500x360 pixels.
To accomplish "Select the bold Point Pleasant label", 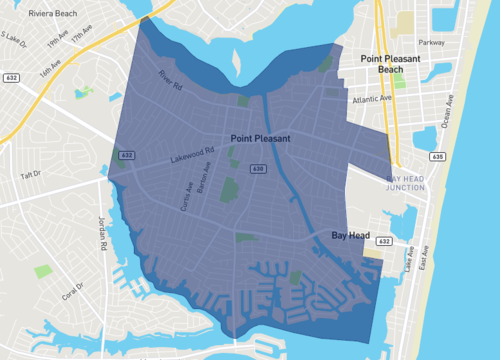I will (x=260, y=139).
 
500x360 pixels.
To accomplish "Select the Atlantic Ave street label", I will (x=371, y=99).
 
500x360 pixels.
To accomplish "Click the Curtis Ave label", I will (x=186, y=195).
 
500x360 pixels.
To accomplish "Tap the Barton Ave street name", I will (x=206, y=178).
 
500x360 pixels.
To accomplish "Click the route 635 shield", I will (x=436, y=157).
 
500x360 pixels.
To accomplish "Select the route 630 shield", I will (x=259, y=170).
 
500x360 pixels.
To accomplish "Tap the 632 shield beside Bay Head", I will (x=385, y=242).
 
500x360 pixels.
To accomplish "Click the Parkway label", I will (x=431, y=43).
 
